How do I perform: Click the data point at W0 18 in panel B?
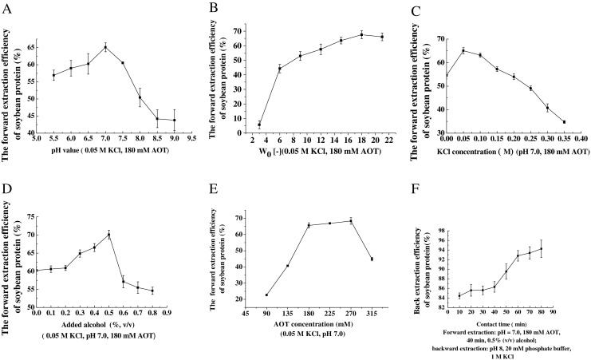(361, 34)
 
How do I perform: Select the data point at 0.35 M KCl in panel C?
(564, 122)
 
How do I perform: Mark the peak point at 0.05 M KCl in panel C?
(463, 50)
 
